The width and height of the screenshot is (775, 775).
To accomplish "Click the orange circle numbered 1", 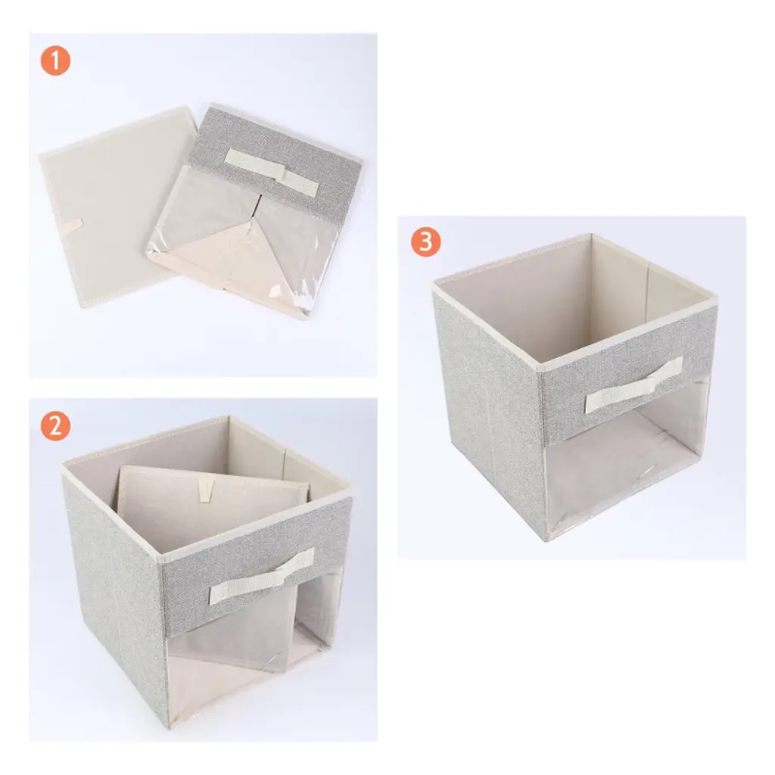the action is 55,61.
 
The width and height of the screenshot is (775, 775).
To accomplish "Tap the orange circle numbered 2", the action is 55,426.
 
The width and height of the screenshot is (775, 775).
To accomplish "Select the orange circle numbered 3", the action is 425,241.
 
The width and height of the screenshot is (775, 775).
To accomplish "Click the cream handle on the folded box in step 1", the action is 272,172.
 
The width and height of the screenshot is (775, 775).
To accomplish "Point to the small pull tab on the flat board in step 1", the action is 71,226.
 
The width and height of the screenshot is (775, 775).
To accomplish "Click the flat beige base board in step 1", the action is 116,207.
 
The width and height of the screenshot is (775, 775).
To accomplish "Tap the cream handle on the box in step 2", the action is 261,576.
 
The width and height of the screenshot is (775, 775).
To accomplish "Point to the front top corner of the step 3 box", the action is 540,369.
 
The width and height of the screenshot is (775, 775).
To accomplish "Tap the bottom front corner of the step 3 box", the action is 546,540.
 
